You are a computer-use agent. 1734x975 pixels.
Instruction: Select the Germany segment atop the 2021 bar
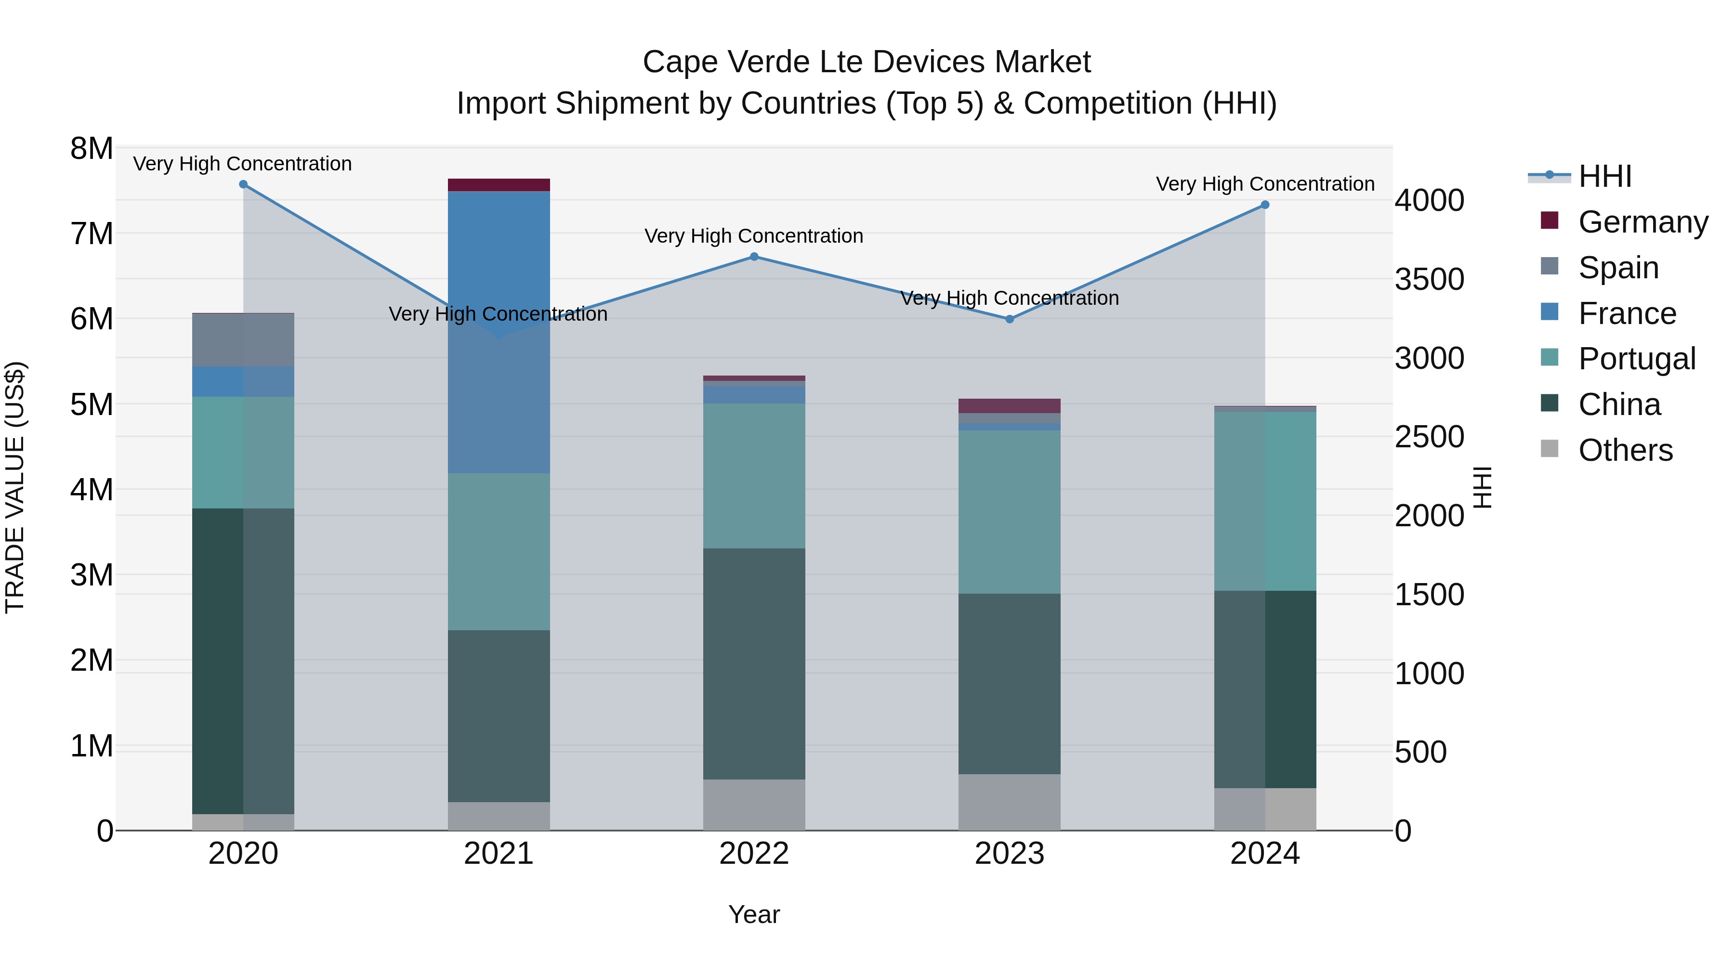pyautogui.click(x=499, y=184)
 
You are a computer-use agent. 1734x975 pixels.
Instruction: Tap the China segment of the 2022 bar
pyautogui.click(x=754, y=663)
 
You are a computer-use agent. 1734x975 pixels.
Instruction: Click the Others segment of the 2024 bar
pyautogui.click(x=1265, y=809)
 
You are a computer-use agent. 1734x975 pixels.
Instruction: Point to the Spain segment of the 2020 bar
pyautogui.click(x=243, y=340)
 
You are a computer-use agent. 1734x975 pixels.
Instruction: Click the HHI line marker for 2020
pyautogui.click(x=244, y=184)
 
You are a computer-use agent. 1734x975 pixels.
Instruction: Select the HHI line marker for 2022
pyautogui.click(x=754, y=256)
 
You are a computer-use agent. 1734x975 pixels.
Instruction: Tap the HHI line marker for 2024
pyautogui.click(x=1265, y=205)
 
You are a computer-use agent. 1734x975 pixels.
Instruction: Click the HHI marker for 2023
pyautogui.click(x=1010, y=319)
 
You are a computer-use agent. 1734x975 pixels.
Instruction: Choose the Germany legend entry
pyautogui.click(x=1642, y=222)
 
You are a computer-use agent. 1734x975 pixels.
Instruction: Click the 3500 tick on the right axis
pyautogui.click(x=1429, y=279)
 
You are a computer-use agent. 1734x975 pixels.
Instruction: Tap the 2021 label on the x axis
pyautogui.click(x=499, y=854)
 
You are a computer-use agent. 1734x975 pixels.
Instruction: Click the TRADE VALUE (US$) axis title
pyautogui.click(x=15, y=487)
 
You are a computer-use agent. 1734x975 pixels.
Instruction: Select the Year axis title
pyautogui.click(x=754, y=914)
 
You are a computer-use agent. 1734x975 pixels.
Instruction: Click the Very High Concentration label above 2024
pyautogui.click(x=1265, y=184)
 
